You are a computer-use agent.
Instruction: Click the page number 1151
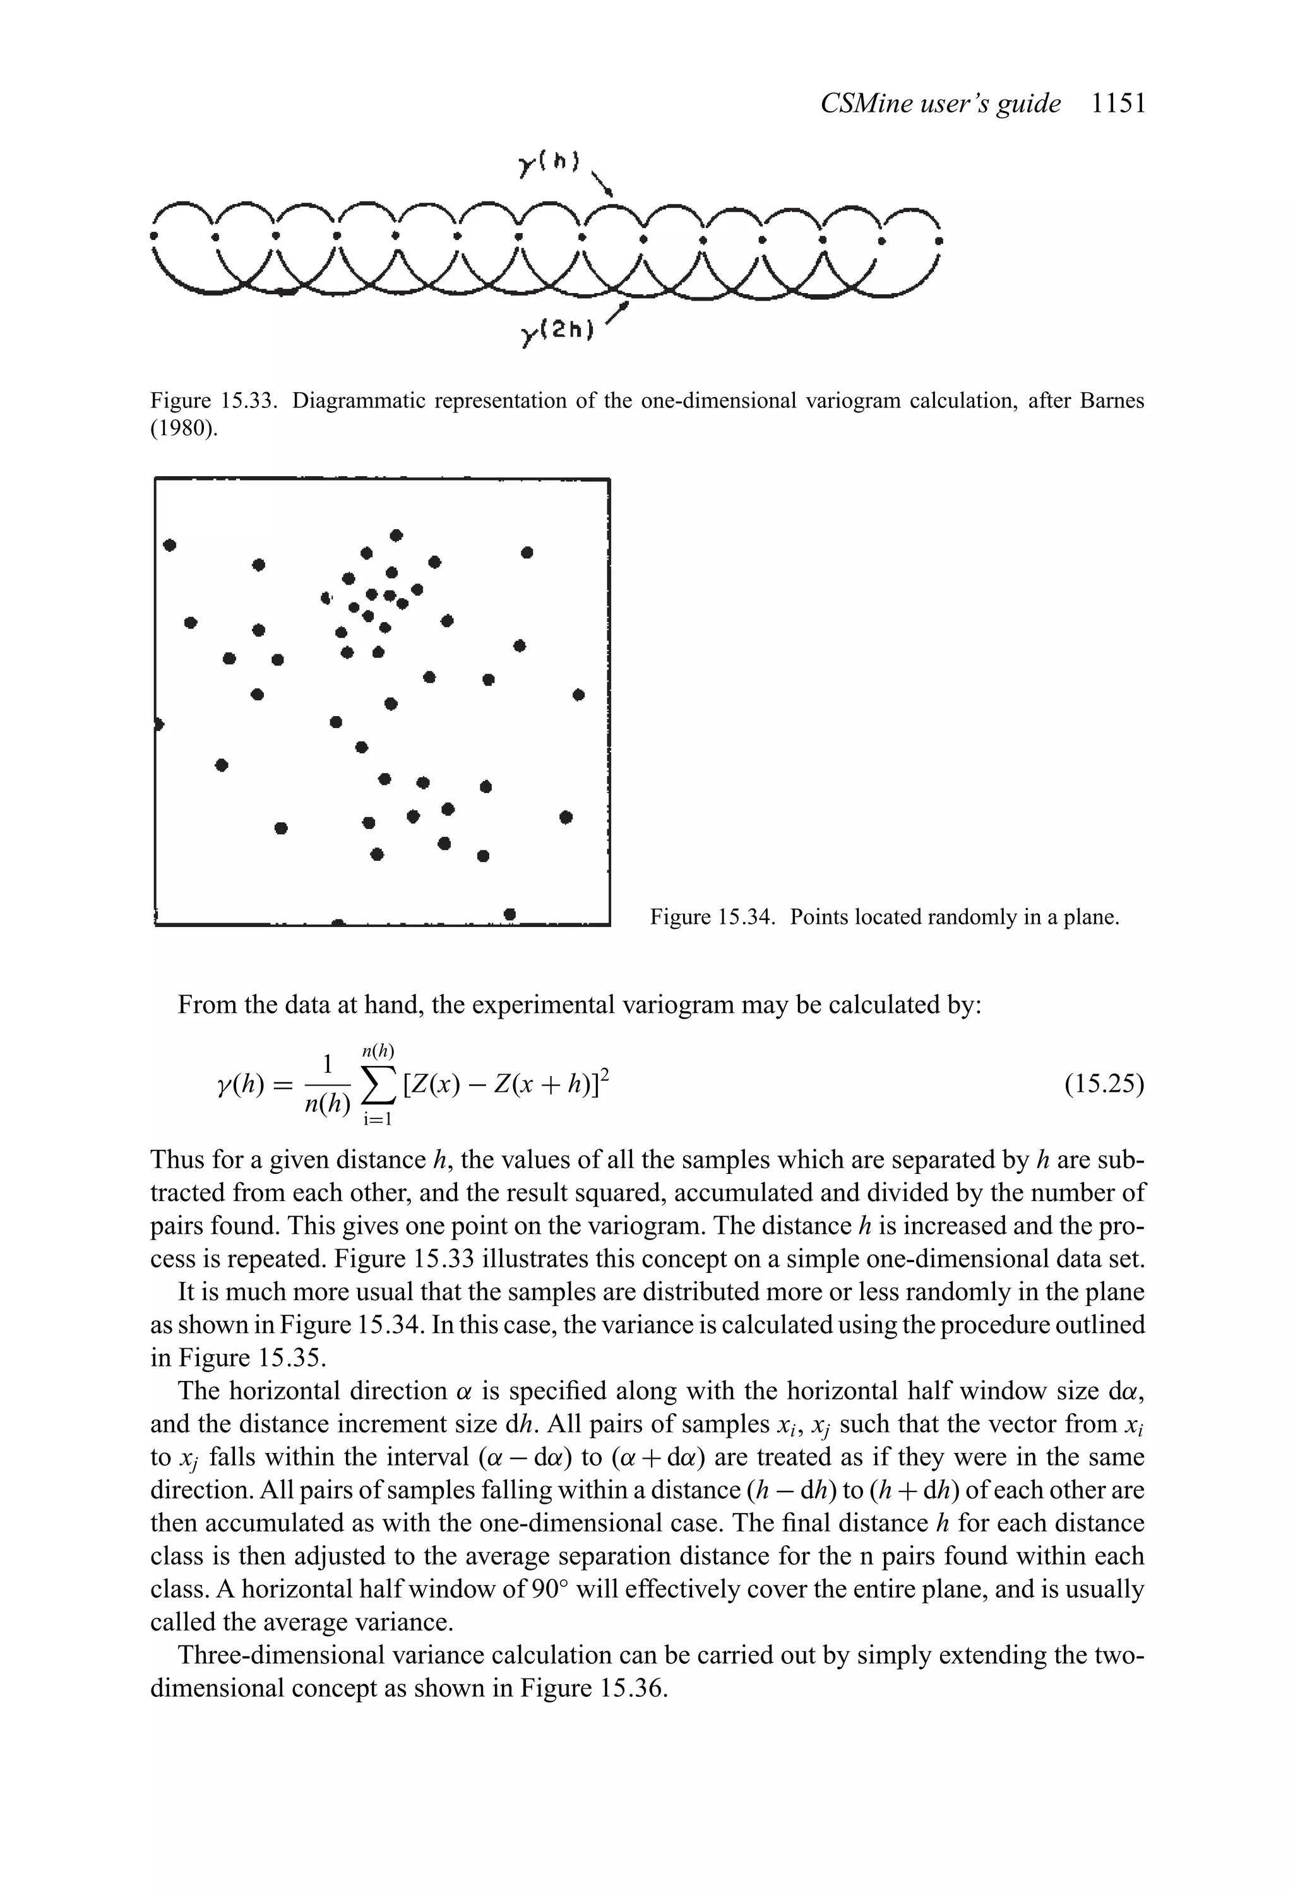[x=1118, y=104]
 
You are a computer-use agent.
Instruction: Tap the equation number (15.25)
[x=1104, y=1085]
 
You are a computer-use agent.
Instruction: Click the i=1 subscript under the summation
[x=378, y=1120]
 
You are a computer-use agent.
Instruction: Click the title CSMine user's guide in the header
[x=940, y=104]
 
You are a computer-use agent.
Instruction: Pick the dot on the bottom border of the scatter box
[x=510, y=915]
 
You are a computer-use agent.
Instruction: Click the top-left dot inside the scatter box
[x=170, y=545]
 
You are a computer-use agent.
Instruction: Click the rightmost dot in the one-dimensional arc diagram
[x=939, y=241]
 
